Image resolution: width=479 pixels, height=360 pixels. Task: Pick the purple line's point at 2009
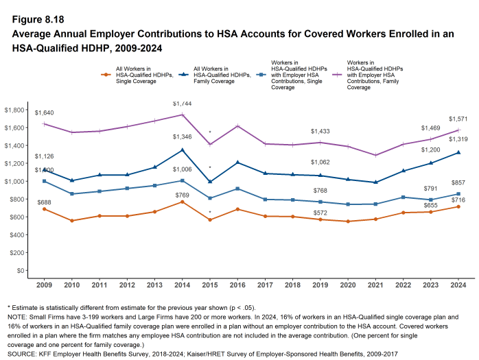44,124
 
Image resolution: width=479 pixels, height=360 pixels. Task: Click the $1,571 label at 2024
458,119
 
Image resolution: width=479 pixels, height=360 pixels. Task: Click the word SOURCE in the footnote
23,354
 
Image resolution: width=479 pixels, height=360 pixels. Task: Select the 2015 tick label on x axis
210,285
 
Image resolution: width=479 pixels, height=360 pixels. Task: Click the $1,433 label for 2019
320,131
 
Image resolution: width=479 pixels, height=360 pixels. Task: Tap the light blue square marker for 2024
458,194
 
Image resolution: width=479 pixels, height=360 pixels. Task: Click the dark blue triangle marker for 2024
458,152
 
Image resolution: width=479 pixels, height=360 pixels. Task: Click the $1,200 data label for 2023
431,150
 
